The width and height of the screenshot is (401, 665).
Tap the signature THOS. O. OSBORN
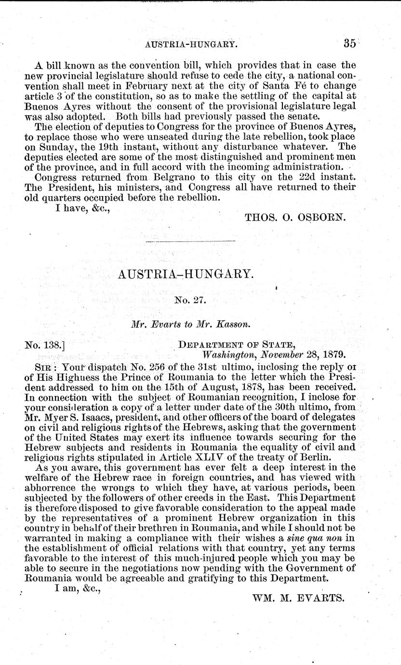tap(295, 217)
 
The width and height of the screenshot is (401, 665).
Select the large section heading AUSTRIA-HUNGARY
tap(185, 275)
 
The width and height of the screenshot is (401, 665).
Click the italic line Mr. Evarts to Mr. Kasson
tap(190, 325)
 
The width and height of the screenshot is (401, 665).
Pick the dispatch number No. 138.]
tap(45, 345)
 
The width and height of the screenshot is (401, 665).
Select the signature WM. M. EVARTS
tap(298, 598)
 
